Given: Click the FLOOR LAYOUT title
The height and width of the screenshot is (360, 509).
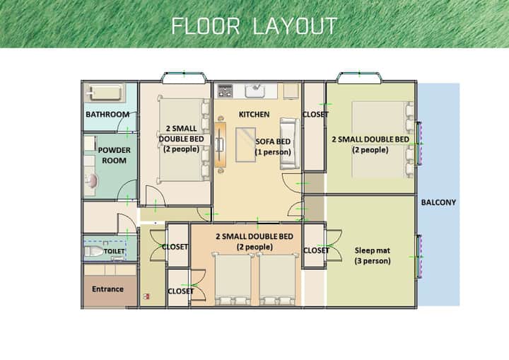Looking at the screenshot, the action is click(255, 26).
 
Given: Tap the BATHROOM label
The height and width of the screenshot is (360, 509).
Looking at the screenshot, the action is click(107, 115).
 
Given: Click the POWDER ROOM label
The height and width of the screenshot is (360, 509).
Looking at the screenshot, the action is click(115, 155).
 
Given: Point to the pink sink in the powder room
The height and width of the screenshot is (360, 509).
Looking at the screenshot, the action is click(92, 181).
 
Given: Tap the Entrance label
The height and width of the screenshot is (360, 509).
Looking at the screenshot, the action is click(107, 289).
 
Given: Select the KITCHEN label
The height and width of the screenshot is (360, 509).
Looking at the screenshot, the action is click(254, 115).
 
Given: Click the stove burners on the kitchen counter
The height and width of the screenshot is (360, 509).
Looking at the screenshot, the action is click(225, 91).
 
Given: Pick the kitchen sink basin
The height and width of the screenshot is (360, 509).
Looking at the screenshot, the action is click(255, 91).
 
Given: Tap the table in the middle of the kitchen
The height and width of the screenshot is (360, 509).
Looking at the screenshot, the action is click(245, 144).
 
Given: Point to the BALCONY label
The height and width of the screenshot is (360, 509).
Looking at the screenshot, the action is click(438, 202).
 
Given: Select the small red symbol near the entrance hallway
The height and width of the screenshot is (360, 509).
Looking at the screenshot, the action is click(147, 296).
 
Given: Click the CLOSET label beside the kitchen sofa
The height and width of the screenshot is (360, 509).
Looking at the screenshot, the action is click(315, 115).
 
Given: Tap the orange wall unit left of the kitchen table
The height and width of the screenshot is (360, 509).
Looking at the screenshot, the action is click(220, 145).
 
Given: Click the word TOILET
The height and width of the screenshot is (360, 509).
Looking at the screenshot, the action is click(115, 251).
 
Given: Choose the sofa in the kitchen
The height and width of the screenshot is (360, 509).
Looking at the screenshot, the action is click(290, 144).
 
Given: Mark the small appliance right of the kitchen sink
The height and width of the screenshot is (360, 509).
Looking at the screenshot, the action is click(291, 91).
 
